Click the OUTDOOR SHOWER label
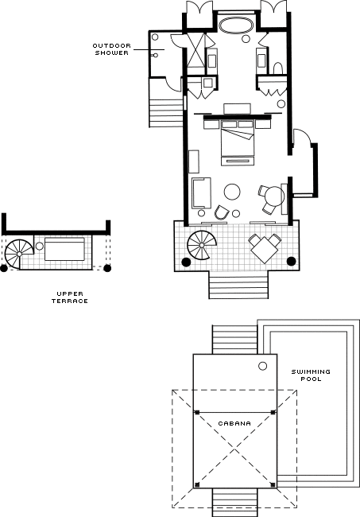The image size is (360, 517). point(112,49)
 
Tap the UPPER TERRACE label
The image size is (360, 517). point(70,297)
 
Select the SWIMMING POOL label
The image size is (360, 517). point(311,375)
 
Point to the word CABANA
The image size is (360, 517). point(234,423)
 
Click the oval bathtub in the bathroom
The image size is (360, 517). point(236,25)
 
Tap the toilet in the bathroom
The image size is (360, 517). point(278,68)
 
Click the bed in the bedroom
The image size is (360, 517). point(238,138)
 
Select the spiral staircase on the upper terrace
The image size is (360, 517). point(19,253)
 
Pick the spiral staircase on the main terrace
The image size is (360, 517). point(201,245)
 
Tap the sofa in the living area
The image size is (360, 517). point(201,193)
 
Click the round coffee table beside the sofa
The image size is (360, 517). point(232,192)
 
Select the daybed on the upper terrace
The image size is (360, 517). point(64,249)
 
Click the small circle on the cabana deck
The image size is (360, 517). point(262,366)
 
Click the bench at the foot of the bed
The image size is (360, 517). point(238,161)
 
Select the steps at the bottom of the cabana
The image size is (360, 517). point(234,503)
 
